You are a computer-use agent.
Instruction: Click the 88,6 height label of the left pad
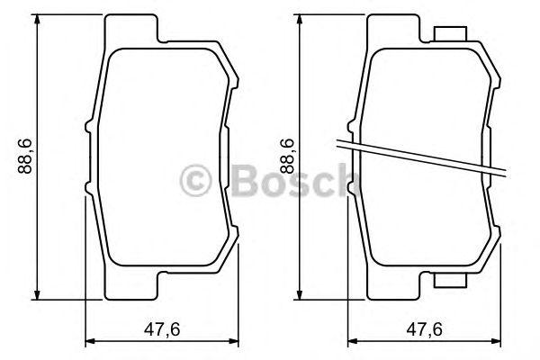coord(25,156)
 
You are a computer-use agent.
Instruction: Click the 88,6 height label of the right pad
coord(287,156)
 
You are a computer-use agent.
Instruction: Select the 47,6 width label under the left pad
coord(162,329)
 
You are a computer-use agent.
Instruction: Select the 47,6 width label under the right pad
coord(424,329)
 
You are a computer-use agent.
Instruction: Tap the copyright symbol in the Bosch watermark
coord(195,181)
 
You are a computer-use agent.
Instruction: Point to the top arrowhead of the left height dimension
coord(37,20)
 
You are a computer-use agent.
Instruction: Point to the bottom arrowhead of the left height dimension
coord(37,294)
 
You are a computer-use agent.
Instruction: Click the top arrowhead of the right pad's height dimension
coord(300,20)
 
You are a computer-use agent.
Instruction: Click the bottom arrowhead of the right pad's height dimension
coord(300,294)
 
